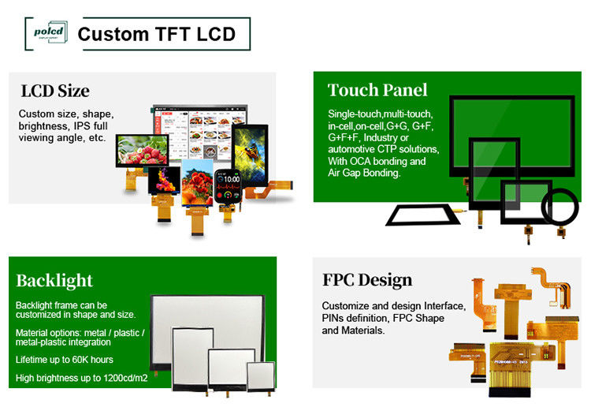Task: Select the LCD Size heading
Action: (x=54, y=90)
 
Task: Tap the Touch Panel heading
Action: (x=377, y=89)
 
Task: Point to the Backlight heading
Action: (x=54, y=280)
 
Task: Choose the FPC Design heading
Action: (x=367, y=280)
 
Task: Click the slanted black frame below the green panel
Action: (x=418, y=214)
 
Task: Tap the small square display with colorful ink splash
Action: (x=161, y=182)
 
